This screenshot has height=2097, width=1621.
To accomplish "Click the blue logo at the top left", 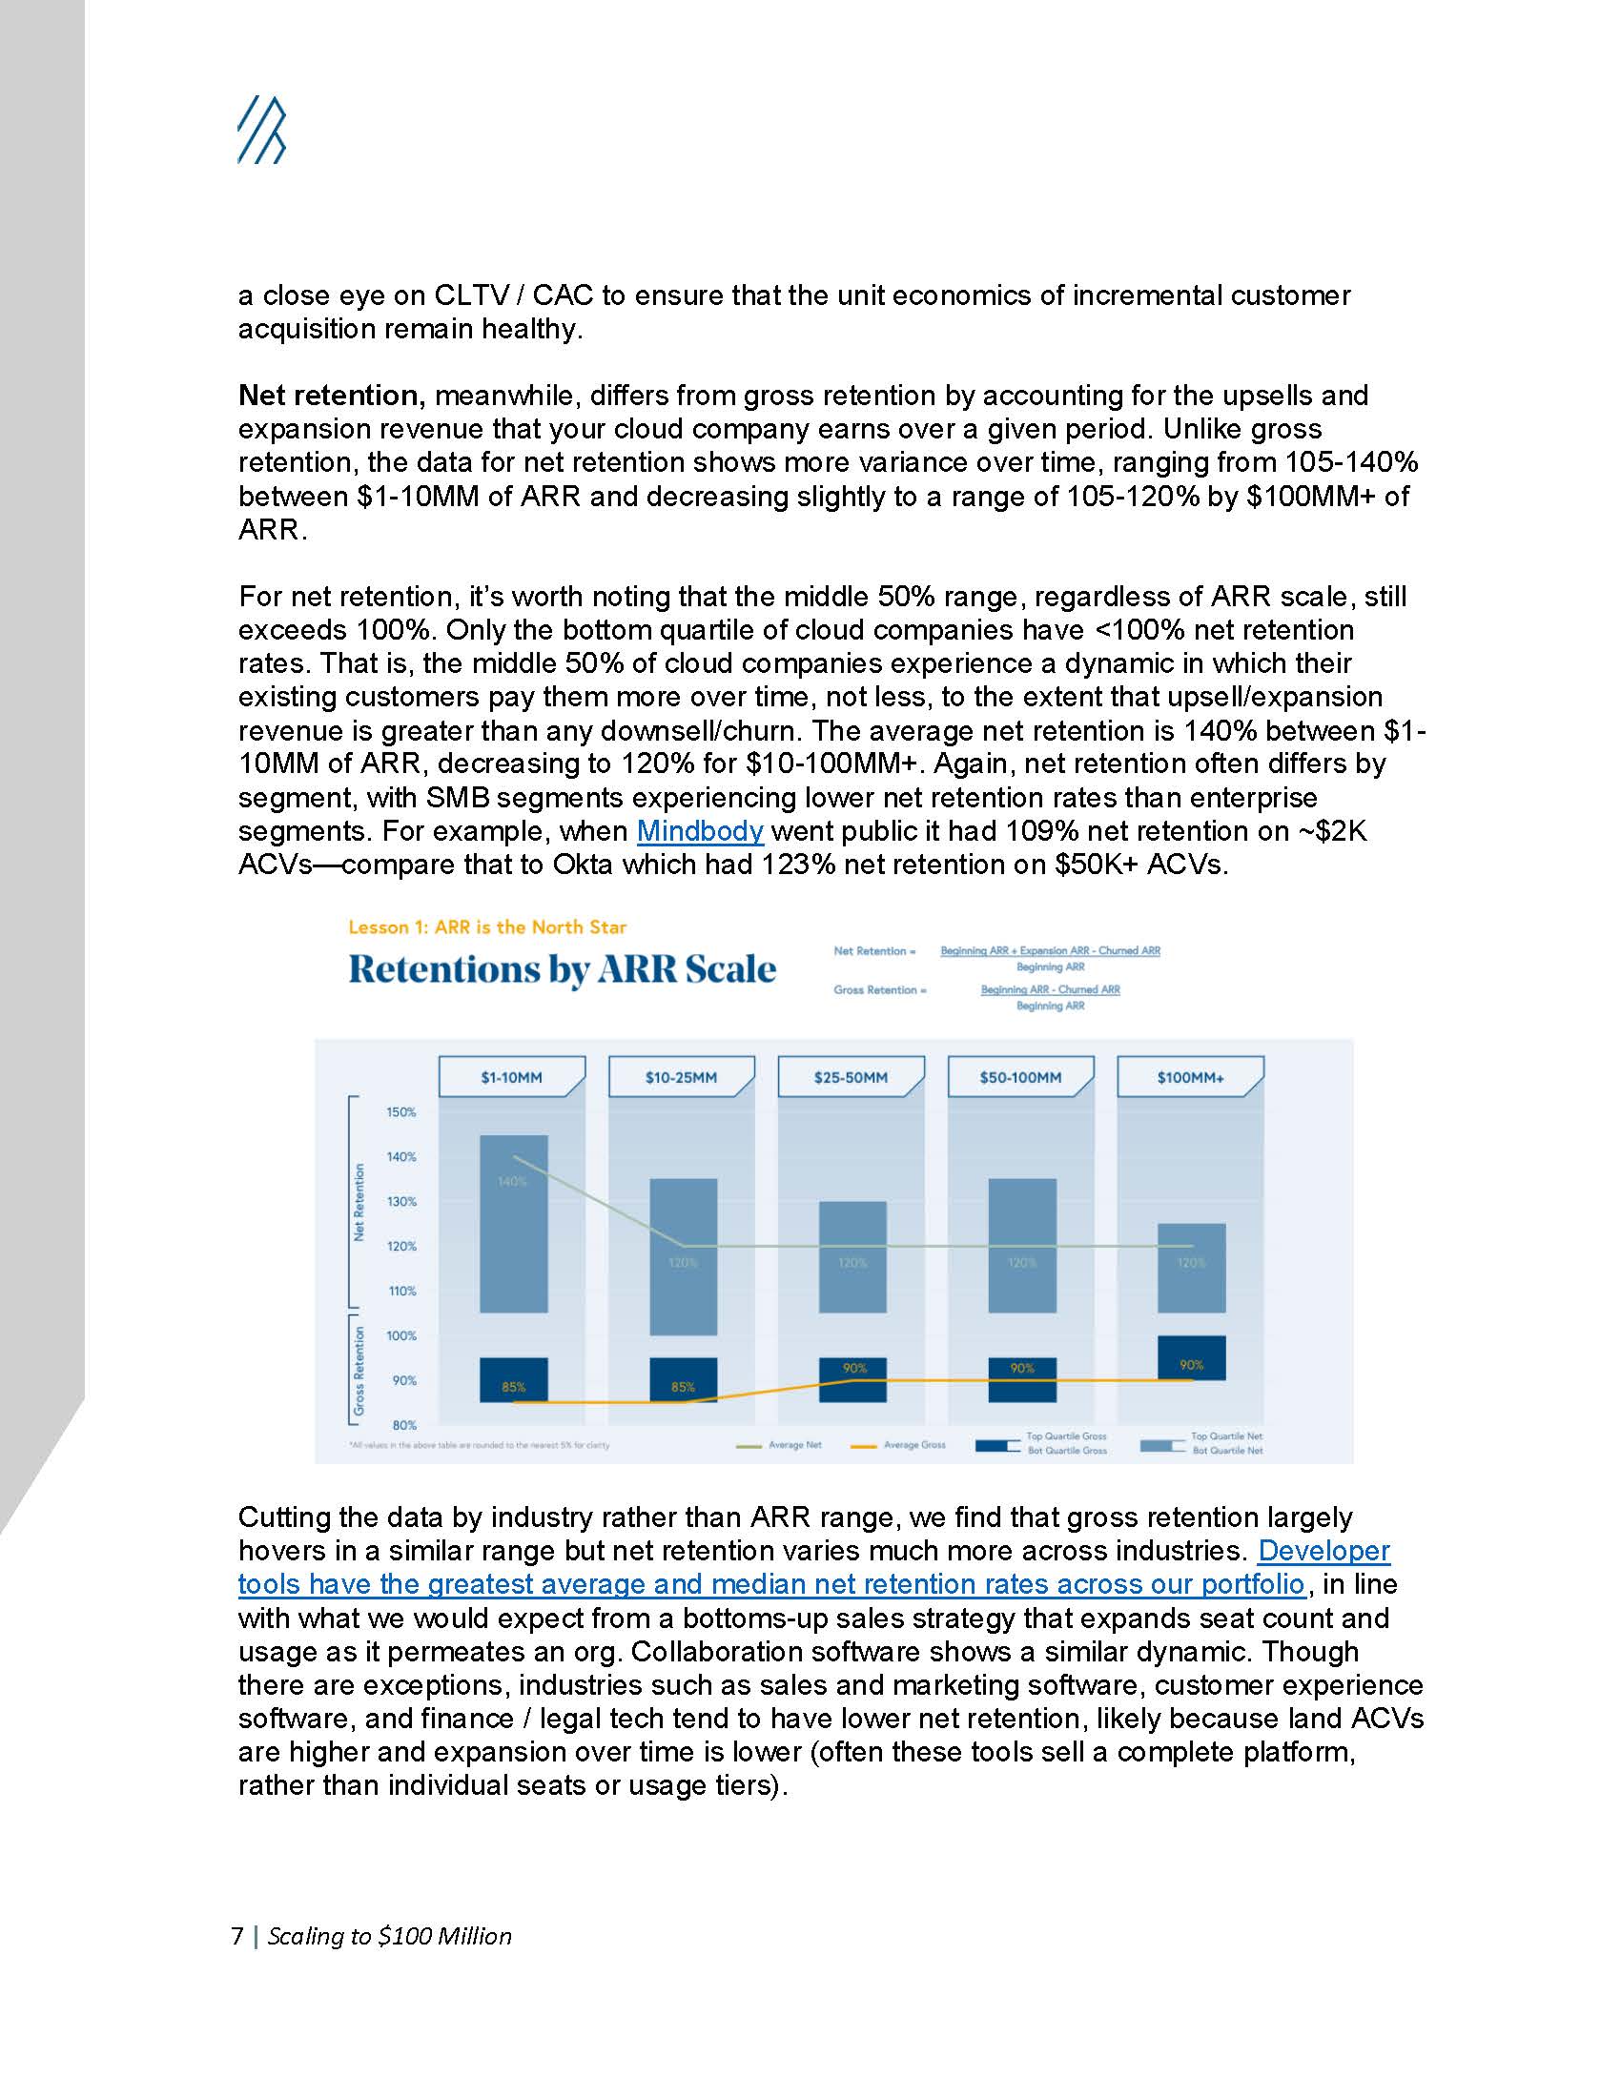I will pyautogui.click(x=261, y=129).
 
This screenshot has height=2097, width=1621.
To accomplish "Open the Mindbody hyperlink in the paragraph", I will pyautogui.click(x=699, y=830).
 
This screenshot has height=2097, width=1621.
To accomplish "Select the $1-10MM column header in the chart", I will pyautogui.click(x=512, y=1077).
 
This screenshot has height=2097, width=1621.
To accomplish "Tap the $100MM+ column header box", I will pyautogui.click(x=1190, y=1077).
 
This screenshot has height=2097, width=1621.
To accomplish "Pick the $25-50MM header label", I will pyautogui.click(x=851, y=1077).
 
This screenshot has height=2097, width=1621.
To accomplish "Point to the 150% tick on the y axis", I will pyautogui.click(x=401, y=1111).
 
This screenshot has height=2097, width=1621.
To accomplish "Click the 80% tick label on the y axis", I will pyautogui.click(x=403, y=1425).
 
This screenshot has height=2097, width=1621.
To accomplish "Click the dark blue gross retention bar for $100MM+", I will pyautogui.click(x=1191, y=1356).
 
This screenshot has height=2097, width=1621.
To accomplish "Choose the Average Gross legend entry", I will pyautogui.click(x=913, y=1444).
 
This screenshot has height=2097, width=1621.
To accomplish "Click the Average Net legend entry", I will pyautogui.click(x=794, y=1444).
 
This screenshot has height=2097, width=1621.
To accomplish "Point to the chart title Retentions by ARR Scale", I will pyautogui.click(x=562, y=968).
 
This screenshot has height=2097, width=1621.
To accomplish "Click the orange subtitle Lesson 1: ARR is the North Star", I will pyautogui.click(x=487, y=926).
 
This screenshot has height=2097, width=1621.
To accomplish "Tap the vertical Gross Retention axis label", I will pyautogui.click(x=360, y=1370).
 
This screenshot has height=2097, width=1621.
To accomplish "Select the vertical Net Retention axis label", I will pyautogui.click(x=360, y=1202).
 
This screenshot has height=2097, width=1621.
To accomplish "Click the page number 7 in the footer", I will pyautogui.click(x=237, y=1936).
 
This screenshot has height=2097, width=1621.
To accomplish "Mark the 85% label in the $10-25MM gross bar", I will pyautogui.click(x=683, y=1387).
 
